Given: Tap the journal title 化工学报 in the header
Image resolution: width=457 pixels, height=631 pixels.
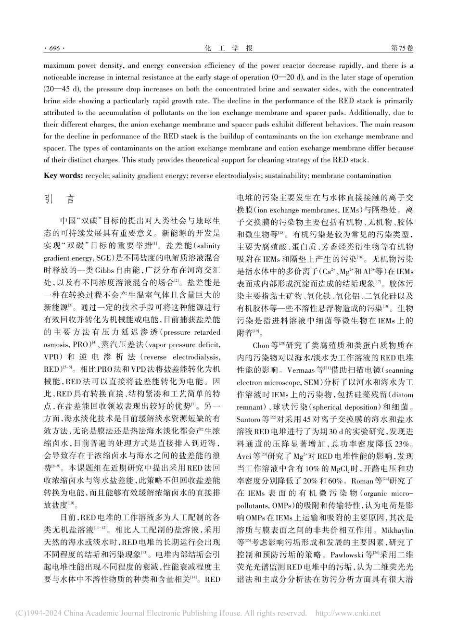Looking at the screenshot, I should point(228,49).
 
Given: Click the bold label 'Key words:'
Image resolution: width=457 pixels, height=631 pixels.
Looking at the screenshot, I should point(63,176).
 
